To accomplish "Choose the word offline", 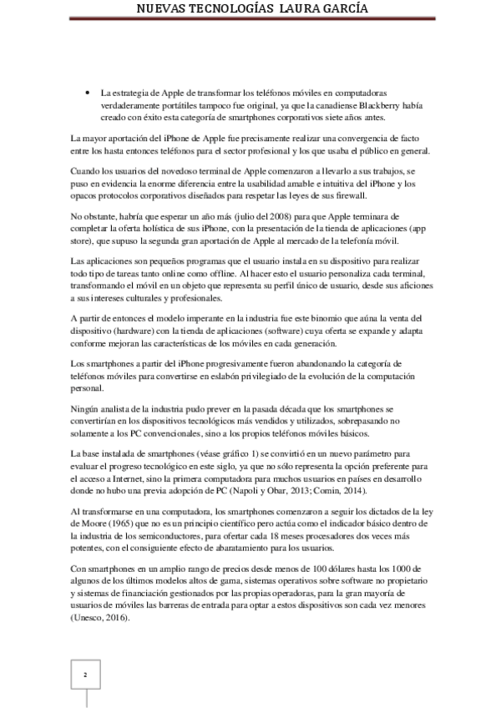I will click(222, 273).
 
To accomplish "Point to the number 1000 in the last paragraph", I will click(418, 568).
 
